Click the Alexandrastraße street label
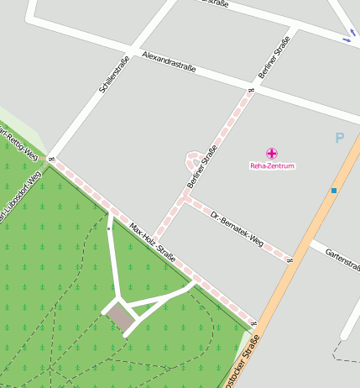click(x=169, y=62)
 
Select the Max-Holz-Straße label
click(x=152, y=242)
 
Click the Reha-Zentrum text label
click(x=273, y=166)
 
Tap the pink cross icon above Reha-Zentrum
click(x=272, y=154)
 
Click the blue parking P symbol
click(x=339, y=138)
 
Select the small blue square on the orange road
click(x=334, y=191)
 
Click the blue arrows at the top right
click(x=347, y=39)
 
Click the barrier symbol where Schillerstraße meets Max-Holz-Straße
click(x=51, y=158)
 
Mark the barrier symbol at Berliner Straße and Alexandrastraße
click(x=251, y=90)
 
